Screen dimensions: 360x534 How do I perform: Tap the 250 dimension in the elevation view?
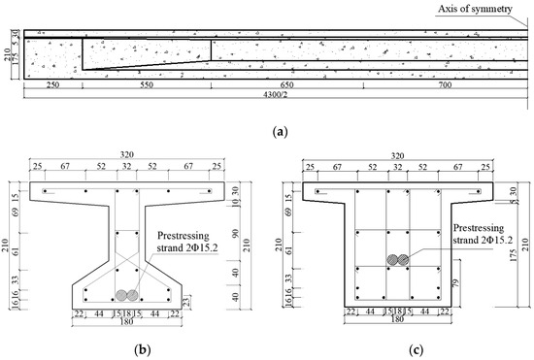pyautogui.click(x=50, y=85)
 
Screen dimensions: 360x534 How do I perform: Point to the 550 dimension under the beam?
pyautogui.click(x=146, y=85)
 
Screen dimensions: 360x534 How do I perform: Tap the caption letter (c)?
pyautogui.click(x=399, y=346)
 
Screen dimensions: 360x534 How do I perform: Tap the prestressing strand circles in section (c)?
pyautogui.click(x=398, y=260)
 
